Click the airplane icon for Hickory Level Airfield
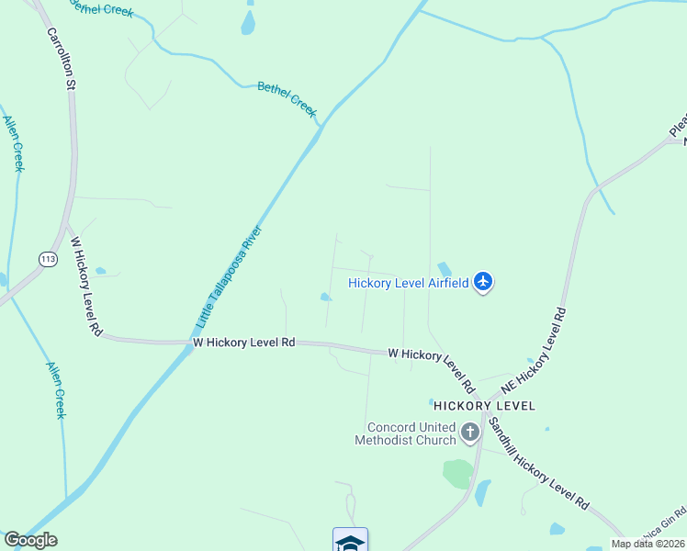coord(484,283)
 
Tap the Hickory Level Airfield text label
coord(409,283)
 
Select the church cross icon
coord(470,433)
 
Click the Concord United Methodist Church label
coord(411,433)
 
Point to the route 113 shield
coord(49,260)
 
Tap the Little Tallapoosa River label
coord(229,277)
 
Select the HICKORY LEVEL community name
coord(484,405)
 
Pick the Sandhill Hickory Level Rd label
coord(538,463)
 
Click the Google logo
coord(30,540)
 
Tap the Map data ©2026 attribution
coord(648,544)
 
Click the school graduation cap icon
coord(350,541)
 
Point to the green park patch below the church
coord(457,474)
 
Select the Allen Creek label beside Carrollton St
coord(13,143)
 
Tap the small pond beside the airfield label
coord(445,269)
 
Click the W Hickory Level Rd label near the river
coord(243,342)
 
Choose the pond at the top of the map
coord(248,22)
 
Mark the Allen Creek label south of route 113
coord(56,389)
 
